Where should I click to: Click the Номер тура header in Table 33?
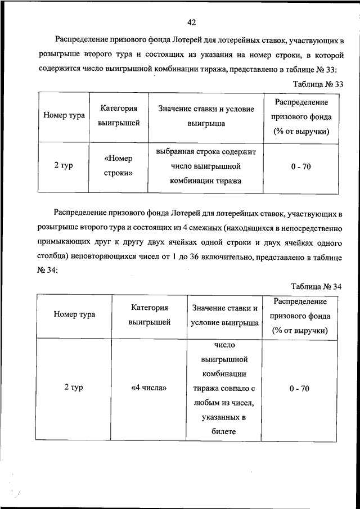coord(64,115)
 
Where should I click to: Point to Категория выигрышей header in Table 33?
coord(119,115)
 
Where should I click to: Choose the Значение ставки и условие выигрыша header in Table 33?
coord(206,115)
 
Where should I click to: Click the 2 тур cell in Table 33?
coord(64,166)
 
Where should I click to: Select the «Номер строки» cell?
coord(119,166)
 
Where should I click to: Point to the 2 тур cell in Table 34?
coord(74,388)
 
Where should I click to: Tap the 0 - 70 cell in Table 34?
coord(301,388)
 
